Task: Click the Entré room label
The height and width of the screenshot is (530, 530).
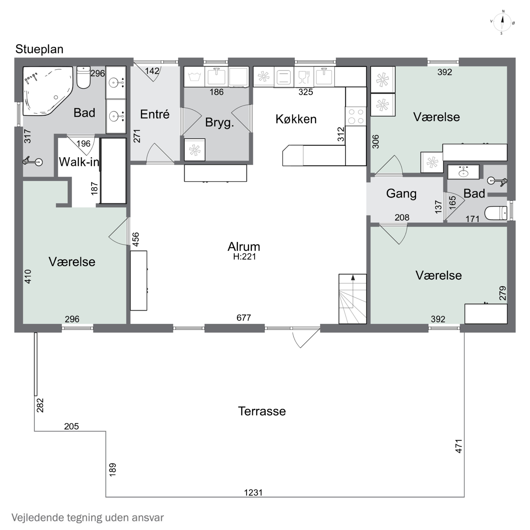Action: point(155,114)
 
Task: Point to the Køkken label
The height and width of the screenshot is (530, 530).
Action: point(296,119)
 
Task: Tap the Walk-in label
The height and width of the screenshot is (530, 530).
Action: point(79,162)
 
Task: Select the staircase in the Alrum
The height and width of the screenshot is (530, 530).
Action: point(352,299)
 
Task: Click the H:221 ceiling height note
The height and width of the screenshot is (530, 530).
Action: point(245,257)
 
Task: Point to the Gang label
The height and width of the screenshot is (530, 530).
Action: point(401,194)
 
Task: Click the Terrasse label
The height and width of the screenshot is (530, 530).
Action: point(262,411)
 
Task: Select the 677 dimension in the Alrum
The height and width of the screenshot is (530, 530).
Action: point(244,318)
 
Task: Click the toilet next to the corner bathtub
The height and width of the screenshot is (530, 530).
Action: point(83,77)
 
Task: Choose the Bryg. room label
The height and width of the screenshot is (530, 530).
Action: point(219,123)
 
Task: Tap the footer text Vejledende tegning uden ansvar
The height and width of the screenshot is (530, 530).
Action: point(88,518)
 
